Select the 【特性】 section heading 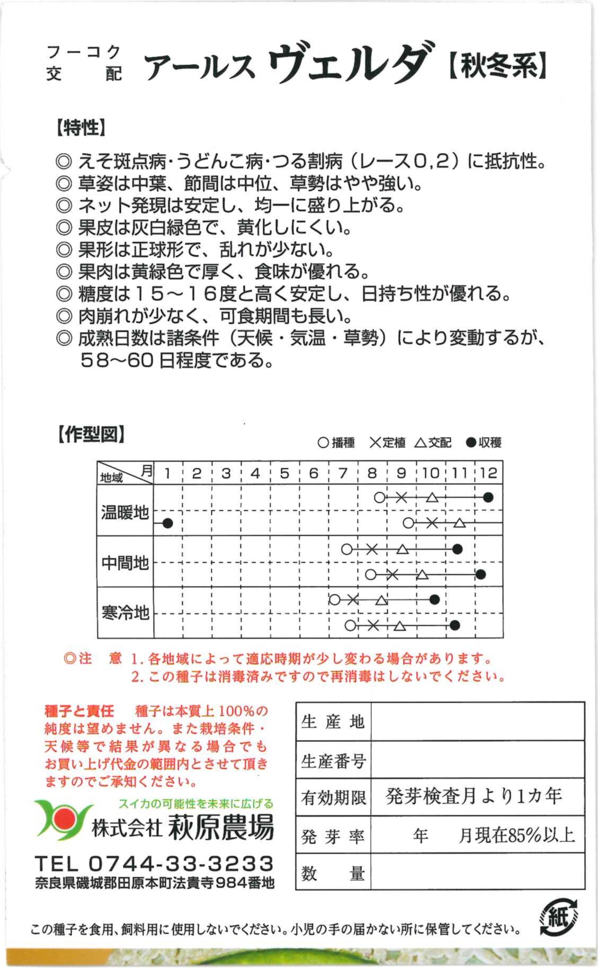[81, 127]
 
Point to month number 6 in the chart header [314, 473]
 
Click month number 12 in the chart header [488, 473]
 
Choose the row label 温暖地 [125, 512]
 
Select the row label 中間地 [125, 562]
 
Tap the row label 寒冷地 [125, 612]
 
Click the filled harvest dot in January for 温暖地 [168, 523]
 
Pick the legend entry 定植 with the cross [387, 442]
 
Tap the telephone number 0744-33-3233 [181, 863]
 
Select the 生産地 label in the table [333, 722]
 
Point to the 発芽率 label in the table [333, 837]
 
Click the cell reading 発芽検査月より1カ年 [474, 796]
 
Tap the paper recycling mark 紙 [558, 917]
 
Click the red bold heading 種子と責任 [79, 711]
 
